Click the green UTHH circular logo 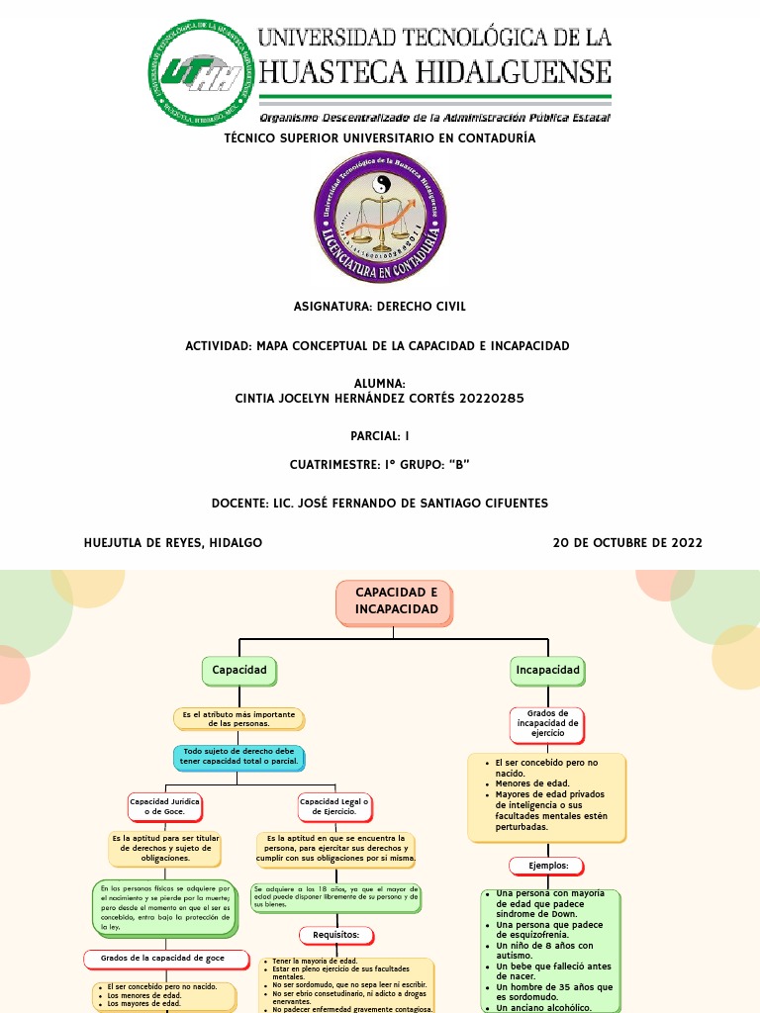click(x=199, y=73)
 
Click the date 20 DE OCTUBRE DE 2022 click(x=627, y=543)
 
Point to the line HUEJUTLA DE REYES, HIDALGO click(x=173, y=543)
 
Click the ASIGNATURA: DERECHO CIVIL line click(x=380, y=307)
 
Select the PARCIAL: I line click(x=380, y=436)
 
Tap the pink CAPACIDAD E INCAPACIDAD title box click(x=395, y=602)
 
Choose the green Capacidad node click(x=239, y=671)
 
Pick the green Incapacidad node click(x=548, y=671)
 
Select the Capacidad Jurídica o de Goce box click(x=165, y=806)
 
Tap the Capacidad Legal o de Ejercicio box click(x=334, y=806)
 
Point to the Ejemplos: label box click(x=548, y=866)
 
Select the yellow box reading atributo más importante click(x=238, y=718)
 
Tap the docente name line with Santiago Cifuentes click(x=380, y=504)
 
